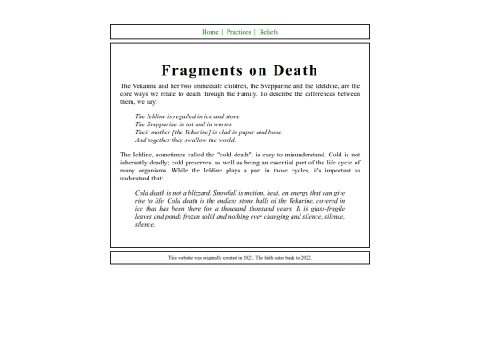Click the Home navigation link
210,32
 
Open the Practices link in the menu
238,32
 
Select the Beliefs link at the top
268,32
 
